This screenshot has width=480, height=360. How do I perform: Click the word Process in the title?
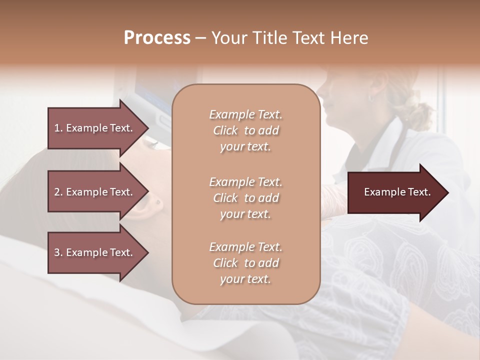pos(157,38)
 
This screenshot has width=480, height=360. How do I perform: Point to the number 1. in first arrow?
pos(58,128)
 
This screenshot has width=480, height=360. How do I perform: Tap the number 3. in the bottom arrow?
pos(58,252)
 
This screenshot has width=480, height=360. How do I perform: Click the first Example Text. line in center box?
pos(245,114)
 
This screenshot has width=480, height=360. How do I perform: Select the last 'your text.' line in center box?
pos(245,279)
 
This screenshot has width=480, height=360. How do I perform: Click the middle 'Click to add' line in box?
pos(245,198)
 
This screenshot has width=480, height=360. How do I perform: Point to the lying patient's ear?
pos(158,202)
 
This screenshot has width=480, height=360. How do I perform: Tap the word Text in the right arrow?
pos(419,192)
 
